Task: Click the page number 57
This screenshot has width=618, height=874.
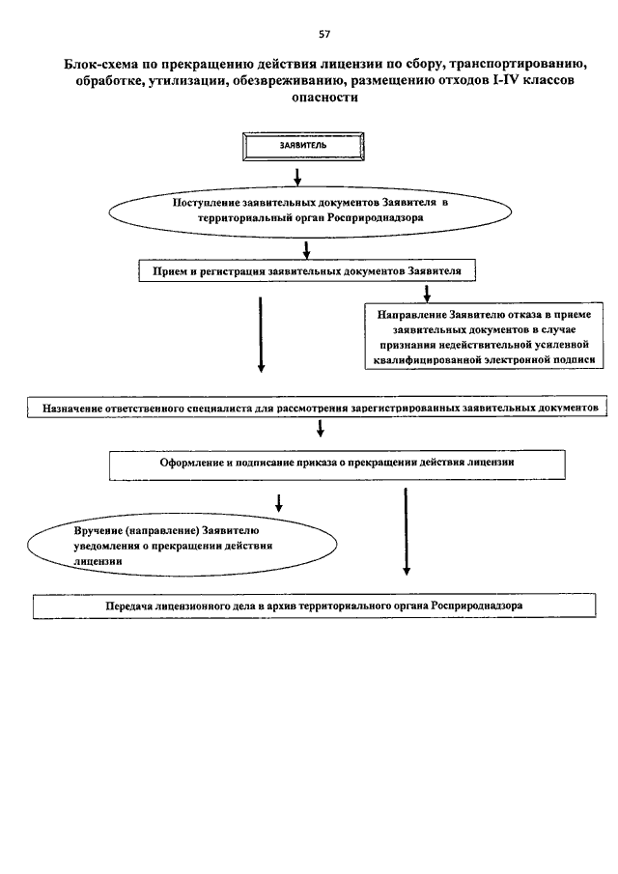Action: pos(324,35)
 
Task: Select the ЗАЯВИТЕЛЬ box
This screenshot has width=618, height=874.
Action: pos(303,147)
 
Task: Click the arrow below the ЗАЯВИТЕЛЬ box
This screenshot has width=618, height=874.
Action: pos(297,176)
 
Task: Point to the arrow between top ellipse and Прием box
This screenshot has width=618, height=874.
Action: pos(306,250)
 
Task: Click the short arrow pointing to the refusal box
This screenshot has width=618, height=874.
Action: pos(427,294)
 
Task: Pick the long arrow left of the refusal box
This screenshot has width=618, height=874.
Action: pos(261,334)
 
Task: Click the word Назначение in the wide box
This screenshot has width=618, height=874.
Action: pos(72,409)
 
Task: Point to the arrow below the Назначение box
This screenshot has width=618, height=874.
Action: pos(321,428)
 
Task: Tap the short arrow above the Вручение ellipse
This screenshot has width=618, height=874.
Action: pos(279,503)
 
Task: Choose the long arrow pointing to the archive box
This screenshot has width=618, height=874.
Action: pos(407,531)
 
